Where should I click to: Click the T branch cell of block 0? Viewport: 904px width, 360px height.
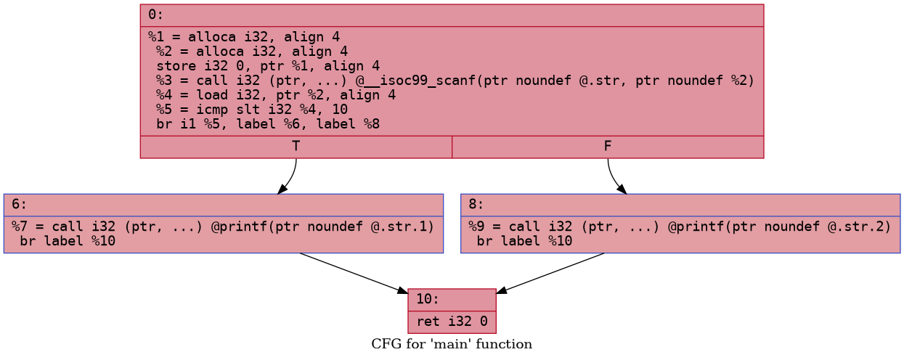point(296,146)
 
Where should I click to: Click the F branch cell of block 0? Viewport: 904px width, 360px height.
point(607,146)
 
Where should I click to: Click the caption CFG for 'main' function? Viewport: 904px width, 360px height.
point(451,344)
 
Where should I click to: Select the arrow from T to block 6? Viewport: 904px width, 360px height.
point(290,178)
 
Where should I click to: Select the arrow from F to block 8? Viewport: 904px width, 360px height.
point(614,178)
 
